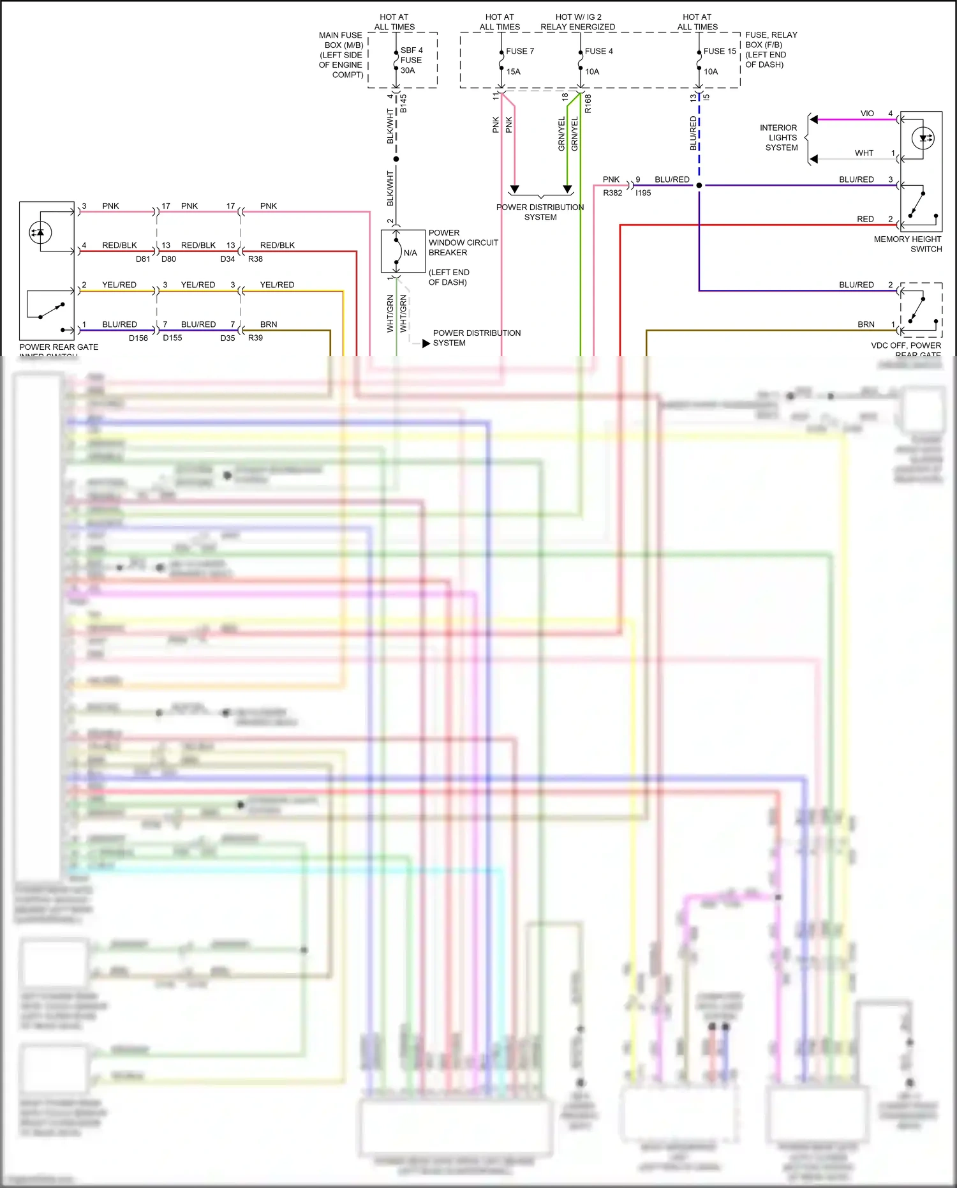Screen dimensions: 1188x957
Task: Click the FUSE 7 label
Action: [519, 51]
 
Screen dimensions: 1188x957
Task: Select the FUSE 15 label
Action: [719, 51]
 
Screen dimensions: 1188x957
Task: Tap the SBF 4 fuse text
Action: [411, 50]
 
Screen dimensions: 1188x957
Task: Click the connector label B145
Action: [403, 104]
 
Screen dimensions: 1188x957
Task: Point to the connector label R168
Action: [588, 103]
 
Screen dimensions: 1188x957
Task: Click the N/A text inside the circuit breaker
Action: [410, 253]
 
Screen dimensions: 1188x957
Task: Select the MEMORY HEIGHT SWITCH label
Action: [907, 244]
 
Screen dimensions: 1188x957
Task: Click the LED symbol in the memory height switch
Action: [923, 138]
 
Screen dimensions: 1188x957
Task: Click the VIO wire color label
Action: [866, 114]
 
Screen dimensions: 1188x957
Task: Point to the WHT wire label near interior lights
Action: [863, 153]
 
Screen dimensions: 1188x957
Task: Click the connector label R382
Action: [612, 193]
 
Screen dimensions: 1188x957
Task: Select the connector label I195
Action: [642, 193]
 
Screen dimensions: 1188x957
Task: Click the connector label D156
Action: [138, 338]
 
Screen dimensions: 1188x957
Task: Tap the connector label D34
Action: [227, 259]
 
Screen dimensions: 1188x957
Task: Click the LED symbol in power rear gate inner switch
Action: [40, 232]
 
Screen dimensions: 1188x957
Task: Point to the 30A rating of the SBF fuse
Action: [407, 70]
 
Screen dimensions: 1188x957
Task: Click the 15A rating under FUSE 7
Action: [513, 71]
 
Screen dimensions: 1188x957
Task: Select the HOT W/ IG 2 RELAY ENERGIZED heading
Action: [577, 22]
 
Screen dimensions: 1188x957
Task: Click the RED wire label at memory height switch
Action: [864, 219]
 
